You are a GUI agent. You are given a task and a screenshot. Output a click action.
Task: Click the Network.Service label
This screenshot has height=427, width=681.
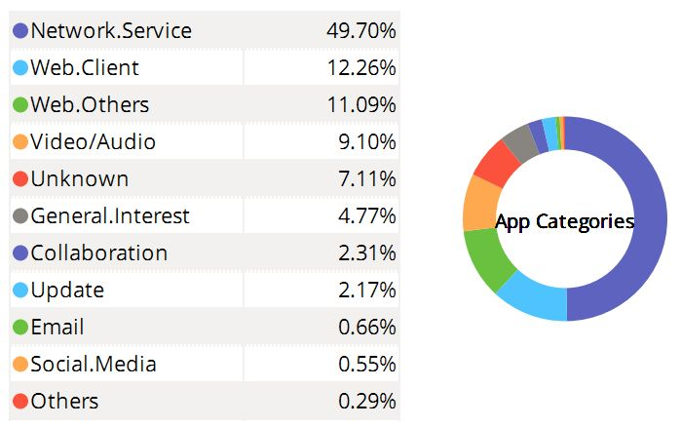tap(111, 31)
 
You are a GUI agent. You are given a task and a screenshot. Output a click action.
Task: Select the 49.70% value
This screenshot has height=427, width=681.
tap(360, 31)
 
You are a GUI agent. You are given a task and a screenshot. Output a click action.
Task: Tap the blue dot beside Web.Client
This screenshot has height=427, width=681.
tap(19, 68)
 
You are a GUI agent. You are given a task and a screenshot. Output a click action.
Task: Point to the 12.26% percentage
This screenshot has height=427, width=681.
tap(360, 68)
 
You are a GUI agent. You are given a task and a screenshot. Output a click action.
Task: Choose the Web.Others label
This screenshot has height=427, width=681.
tap(90, 105)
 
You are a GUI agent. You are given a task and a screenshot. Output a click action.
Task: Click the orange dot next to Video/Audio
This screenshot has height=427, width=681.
tap(19, 142)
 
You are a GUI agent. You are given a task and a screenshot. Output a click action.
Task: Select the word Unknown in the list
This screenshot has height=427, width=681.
tap(79, 179)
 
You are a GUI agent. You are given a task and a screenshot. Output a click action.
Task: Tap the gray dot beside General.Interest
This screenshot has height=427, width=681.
tap(19, 216)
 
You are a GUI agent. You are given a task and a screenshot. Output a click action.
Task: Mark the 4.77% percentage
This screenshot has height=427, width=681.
tap(365, 216)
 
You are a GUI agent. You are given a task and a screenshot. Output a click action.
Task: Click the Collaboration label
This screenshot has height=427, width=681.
tap(98, 253)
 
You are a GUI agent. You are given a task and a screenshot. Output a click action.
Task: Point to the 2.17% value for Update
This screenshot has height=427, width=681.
tap(365, 291)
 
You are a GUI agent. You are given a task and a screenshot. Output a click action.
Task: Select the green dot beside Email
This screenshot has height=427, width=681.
tap(19, 328)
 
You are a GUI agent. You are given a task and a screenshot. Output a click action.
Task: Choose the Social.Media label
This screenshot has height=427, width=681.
tap(94, 365)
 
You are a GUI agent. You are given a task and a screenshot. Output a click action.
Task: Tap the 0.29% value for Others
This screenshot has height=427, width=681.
tap(365, 402)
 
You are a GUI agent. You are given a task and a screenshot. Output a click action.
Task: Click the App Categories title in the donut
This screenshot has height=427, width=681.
tap(564, 222)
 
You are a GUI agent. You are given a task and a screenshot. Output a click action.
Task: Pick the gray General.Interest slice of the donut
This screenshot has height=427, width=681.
tap(519, 143)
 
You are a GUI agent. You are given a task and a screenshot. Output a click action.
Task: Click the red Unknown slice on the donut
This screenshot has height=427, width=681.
tap(496, 163)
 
